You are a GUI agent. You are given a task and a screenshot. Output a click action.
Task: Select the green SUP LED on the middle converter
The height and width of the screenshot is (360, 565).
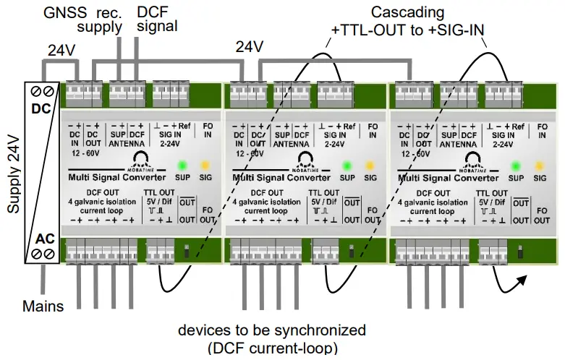tap(348, 164)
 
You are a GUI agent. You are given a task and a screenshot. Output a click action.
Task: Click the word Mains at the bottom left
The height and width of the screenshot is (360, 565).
tap(43, 306)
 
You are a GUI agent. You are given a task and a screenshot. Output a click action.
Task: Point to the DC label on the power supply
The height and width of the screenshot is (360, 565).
tap(41, 109)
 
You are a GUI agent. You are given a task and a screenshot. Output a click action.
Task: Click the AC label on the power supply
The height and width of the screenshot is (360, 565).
tap(41, 238)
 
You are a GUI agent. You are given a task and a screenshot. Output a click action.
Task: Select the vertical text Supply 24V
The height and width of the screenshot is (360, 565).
tap(14, 173)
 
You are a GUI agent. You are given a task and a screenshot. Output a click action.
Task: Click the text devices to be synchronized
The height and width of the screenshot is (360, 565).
tap(272, 330)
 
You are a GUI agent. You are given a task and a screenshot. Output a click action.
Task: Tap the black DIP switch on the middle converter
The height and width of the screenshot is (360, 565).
tap(352, 252)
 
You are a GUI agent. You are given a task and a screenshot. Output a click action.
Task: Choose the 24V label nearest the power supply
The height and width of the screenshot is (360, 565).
tap(62, 51)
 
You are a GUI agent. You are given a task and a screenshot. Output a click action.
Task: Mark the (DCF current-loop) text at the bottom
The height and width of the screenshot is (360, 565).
tap(272, 348)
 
